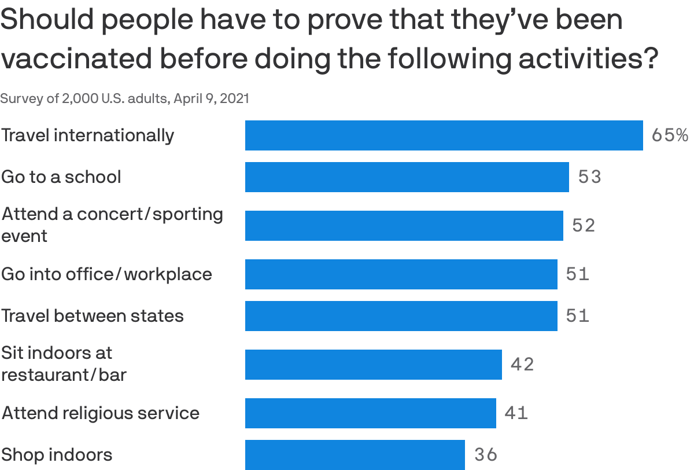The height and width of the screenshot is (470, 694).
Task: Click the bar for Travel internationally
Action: coord(444,135)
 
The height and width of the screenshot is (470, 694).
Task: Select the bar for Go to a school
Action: coord(407,177)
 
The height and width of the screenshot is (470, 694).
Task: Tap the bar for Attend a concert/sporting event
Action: coord(404,226)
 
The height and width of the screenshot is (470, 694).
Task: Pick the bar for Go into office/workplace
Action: coord(401,274)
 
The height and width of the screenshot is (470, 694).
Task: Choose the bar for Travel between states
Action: coord(401,316)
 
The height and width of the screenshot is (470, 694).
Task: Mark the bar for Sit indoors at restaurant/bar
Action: coord(373,365)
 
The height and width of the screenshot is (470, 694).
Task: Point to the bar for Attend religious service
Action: coord(370,413)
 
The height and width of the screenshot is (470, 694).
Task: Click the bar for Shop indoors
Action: coord(355,455)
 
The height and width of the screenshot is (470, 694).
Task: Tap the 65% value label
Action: coord(670,135)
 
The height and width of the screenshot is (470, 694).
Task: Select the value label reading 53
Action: coord(590,177)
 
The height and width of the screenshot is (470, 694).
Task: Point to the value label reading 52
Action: coord(584,226)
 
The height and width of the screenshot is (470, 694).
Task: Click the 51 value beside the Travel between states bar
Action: coord(578,316)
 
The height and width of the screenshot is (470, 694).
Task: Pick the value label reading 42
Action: coord(522,365)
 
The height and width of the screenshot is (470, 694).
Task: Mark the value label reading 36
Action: coord(486,455)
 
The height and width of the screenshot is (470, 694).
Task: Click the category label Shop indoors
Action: coord(57,455)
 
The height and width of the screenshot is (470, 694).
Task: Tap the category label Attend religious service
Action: coord(100,413)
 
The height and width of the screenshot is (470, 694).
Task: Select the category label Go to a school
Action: coord(61,177)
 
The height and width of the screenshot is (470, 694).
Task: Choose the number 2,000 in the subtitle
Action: coord(80,98)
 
